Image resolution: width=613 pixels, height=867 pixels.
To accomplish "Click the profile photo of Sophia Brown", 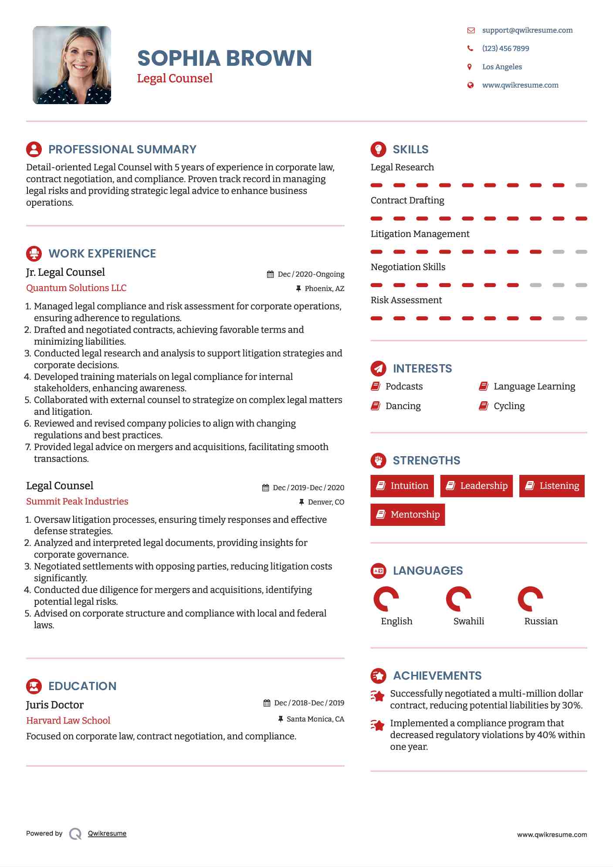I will [x=72, y=65].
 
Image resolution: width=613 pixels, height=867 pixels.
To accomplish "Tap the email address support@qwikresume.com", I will [x=527, y=30].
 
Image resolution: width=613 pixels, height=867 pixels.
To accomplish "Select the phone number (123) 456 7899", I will [x=505, y=48].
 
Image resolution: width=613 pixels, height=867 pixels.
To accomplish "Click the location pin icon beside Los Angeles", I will [x=470, y=67].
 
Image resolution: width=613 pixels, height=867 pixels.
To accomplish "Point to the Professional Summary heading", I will [x=122, y=149].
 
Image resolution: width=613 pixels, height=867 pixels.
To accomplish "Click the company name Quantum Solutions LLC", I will [x=76, y=288].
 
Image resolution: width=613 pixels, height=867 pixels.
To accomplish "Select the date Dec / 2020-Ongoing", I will [x=311, y=274].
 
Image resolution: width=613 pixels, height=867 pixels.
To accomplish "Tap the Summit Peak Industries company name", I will [x=77, y=501].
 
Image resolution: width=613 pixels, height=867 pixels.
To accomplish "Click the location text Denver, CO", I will [x=326, y=502].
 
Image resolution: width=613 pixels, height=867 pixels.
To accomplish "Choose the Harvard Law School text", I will [x=68, y=721].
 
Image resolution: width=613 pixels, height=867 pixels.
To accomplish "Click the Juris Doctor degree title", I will [x=55, y=705].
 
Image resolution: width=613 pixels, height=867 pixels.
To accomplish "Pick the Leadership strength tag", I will [x=477, y=486].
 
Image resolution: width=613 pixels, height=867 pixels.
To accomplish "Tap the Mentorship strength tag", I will [x=408, y=515].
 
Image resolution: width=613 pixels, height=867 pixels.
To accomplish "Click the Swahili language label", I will [x=469, y=621].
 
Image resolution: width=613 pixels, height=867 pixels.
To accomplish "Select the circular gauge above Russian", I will [x=530, y=599].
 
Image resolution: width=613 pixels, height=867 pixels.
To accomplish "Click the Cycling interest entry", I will [x=509, y=406].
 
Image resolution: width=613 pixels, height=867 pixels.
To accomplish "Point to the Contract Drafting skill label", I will [x=407, y=200].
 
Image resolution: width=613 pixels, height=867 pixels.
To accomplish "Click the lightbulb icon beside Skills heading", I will [x=378, y=149].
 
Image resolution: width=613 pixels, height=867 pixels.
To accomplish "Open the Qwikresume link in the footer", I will [x=107, y=833].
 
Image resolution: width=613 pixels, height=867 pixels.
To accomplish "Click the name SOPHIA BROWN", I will [x=224, y=58].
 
